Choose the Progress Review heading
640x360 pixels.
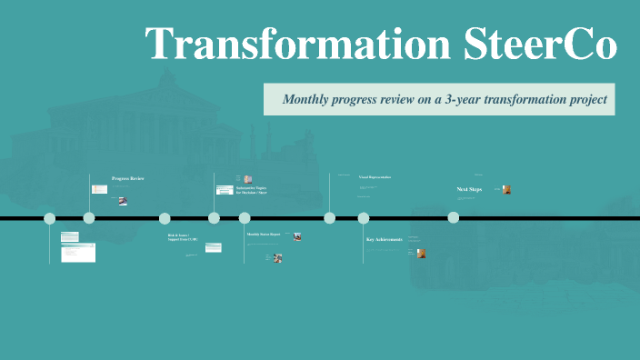pyautogui.click(x=127, y=178)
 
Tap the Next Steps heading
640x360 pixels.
pyautogui.click(x=469, y=189)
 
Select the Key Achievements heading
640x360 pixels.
pyautogui.click(x=384, y=239)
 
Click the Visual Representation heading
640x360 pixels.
pyautogui.click(x=375, y=177)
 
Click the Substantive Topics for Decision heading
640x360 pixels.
pyautogui.click(x=252, y=190)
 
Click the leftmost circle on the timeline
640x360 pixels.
pyautogui.click(x=50, y=218)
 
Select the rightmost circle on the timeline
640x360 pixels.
pyautogui.click(x=453, y=218)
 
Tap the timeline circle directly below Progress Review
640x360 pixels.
pyautogui.click(x=89, y=218)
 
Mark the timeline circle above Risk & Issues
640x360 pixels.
pyautogui.click(x=165, y=218)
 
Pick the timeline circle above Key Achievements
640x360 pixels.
pyautogui.click(x=364, y=218)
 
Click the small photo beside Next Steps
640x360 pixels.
pyautogui.click(x=506, y=189)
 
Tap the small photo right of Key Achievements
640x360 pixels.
pyautogui.click(x=422, y=253)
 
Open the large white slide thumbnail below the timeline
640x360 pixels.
pyautogui.click(x=78, y=253)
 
